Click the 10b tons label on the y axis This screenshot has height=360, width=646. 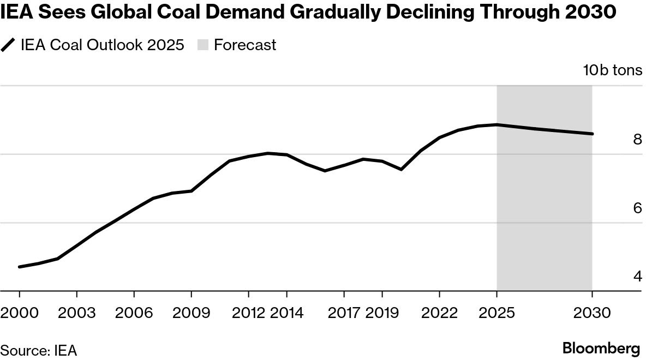612,71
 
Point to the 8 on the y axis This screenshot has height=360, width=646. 637,140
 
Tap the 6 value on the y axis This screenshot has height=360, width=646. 637,208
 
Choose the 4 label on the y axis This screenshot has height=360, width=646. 637,277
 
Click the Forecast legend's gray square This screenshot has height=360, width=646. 203,45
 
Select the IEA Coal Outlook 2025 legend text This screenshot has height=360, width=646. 102,45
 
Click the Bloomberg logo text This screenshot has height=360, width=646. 601,349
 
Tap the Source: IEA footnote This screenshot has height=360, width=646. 39,350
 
